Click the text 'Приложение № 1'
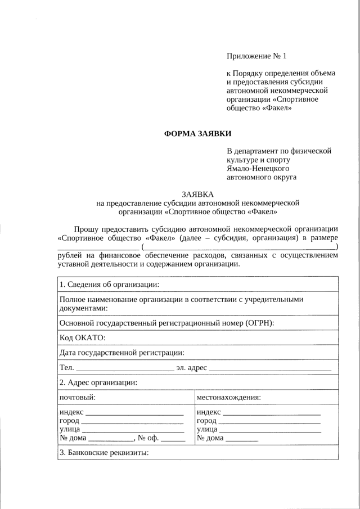point(256,56)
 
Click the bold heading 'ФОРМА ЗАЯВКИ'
point(197,134)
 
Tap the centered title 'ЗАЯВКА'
point(197,193)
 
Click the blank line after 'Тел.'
point(124,370)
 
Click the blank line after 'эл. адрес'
point(271,370)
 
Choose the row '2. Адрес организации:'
point(98,382)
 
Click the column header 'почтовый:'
point(77,397)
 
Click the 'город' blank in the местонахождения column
point(269,422)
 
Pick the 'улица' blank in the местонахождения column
point(269,431)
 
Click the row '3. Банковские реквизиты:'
point(103,453)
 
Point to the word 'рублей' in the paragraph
point(69,255)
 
